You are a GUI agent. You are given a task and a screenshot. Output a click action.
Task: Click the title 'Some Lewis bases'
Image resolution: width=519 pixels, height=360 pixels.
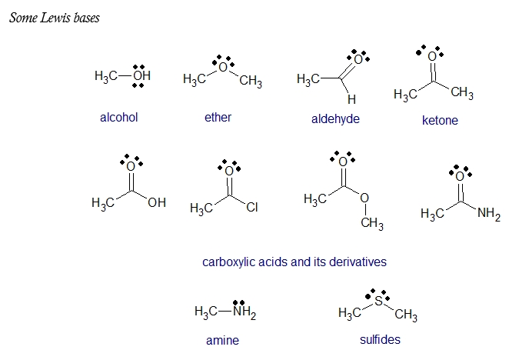54,18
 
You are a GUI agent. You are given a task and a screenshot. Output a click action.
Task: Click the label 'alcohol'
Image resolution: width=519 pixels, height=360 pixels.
118,118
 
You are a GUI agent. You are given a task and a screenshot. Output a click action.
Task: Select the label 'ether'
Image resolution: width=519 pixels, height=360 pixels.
218,117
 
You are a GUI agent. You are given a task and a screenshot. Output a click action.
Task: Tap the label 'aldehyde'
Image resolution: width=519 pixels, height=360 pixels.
335,118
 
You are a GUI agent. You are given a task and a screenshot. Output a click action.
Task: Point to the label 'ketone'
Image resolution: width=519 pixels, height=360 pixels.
440,120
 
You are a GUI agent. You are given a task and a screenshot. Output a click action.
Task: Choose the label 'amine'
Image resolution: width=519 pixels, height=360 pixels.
222,340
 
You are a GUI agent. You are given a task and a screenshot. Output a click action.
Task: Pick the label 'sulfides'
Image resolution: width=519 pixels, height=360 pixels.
380,339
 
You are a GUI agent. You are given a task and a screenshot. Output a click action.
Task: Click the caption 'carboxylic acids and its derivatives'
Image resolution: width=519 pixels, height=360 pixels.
294,262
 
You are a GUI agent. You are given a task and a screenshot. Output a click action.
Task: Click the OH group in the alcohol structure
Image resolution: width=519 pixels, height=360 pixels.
141,76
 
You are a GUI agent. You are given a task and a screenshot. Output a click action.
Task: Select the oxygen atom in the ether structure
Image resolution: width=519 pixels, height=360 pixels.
223,68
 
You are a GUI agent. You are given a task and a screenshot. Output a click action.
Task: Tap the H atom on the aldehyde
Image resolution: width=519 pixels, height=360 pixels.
351,99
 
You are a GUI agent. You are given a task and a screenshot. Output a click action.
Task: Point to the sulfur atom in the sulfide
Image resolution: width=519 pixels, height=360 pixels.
378,302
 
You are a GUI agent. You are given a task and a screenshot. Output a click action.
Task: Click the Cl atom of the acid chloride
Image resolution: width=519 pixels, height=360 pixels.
252,207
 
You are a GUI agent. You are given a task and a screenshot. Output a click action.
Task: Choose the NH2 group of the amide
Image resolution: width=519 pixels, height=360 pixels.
488,214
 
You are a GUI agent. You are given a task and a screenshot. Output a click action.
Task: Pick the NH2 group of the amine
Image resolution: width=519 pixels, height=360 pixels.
244,313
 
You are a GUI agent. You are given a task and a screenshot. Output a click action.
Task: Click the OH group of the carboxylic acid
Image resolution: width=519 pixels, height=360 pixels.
156,203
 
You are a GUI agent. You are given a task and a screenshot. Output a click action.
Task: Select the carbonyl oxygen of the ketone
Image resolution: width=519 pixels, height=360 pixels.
432,57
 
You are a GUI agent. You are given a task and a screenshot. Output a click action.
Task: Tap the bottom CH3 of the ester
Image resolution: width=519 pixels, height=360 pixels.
371,223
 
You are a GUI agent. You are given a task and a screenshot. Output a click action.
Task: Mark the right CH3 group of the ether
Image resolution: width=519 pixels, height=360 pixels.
251,82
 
